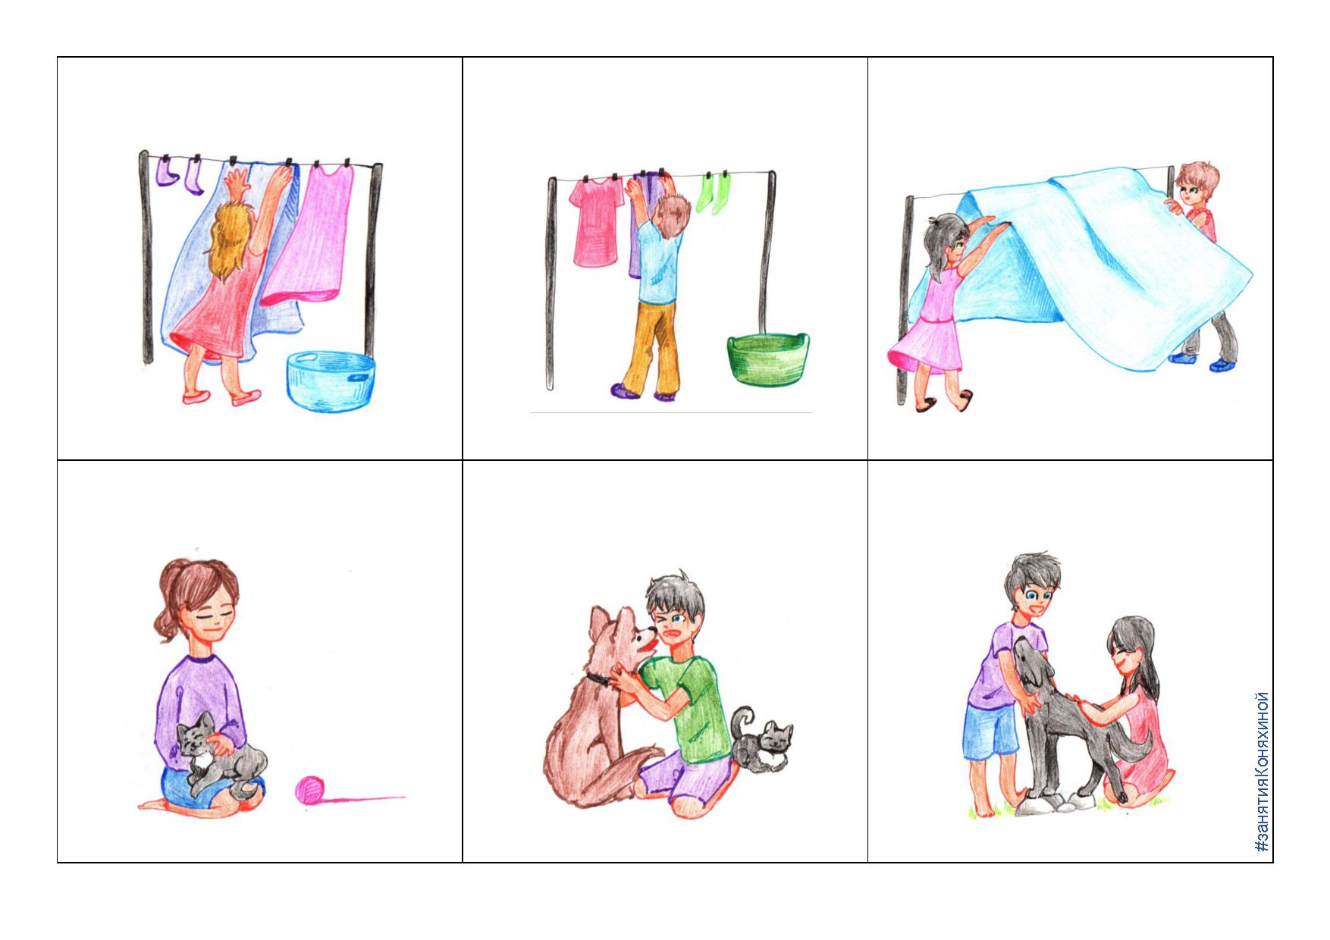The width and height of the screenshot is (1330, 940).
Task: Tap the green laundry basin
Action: (x=767, y=359)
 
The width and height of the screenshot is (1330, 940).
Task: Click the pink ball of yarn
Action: (x=309, y=790)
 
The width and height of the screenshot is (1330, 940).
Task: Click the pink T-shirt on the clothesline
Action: (x=598, y=224)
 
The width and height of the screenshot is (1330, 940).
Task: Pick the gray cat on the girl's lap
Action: (x=220, y=754)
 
